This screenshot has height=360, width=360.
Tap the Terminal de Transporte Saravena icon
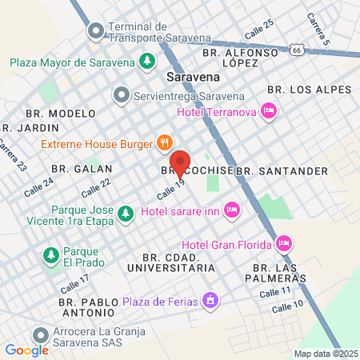(x=96, y=32)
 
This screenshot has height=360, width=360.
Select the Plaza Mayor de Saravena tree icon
(x=147, y=61)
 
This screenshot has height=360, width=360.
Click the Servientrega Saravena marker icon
(x=122, y=94)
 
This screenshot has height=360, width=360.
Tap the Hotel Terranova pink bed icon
(x=269, y=111)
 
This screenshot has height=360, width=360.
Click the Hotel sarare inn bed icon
(x=232, y=210)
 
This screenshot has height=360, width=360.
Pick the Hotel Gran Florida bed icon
(x=283, y=243)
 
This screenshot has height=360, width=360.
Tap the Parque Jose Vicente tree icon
(x=125, y=214)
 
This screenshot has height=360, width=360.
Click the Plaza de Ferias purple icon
(x=210, y=302)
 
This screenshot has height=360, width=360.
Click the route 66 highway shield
(x=298, y=50)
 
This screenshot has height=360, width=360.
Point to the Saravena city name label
(x=193, y=78)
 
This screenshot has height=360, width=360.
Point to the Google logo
(x=26, y=350)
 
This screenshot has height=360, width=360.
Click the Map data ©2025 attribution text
(x=325, y=354)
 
